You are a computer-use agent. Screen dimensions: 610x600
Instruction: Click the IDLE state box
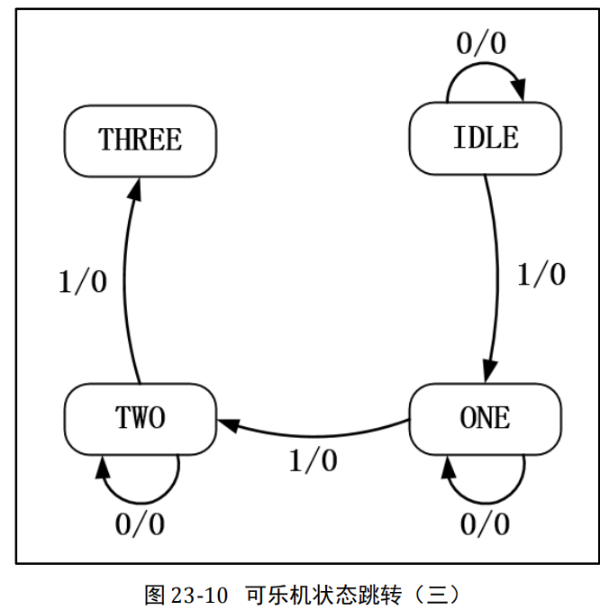point(485,138)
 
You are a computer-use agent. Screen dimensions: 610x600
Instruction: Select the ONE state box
point(485,418)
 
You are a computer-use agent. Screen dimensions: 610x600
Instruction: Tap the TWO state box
point(141,418)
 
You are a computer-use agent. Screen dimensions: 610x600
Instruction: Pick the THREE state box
point(141,140)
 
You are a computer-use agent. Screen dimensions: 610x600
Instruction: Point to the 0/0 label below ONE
point(485,524)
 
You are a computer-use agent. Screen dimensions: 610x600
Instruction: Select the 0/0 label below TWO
point(141,524)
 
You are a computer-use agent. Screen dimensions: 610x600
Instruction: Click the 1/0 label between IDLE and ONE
point(541,273)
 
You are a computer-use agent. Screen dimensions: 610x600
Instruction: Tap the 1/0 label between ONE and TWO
point(313,460)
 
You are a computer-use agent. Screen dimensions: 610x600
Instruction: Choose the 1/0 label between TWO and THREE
point(83,281)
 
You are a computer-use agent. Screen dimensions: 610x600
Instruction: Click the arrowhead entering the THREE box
point(135,187)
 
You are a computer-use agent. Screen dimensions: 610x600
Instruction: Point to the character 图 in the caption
point(154,596)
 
